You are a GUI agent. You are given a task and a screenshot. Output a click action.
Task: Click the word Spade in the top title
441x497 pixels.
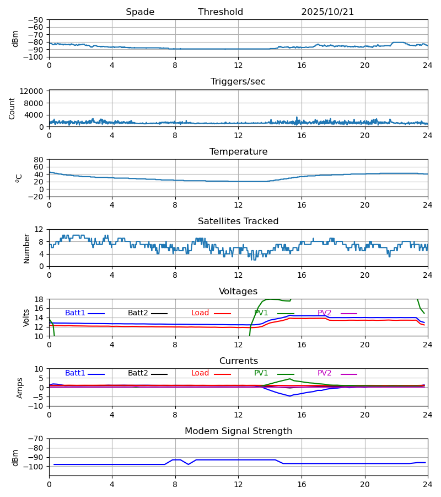140,12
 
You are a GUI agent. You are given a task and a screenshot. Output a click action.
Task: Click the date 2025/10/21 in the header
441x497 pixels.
327,12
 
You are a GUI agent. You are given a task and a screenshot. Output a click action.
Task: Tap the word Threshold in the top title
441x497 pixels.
220,12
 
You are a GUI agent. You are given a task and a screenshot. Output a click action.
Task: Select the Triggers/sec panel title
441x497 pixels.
238,82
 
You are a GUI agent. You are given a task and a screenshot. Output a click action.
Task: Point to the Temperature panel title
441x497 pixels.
238,152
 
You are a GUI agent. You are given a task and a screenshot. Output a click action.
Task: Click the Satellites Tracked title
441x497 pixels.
238,221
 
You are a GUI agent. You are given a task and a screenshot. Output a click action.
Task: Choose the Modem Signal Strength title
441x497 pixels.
238,431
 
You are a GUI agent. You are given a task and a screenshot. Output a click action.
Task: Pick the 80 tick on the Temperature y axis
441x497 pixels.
39,160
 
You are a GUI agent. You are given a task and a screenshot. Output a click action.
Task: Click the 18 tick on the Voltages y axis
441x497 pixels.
39,299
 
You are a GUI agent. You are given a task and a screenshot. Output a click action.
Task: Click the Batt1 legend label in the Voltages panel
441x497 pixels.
75,313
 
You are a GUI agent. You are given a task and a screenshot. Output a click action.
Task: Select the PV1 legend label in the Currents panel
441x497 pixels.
261,373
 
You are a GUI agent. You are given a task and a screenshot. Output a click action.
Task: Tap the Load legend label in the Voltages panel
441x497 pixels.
200,313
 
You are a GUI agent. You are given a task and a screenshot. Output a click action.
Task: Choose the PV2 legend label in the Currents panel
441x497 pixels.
325,373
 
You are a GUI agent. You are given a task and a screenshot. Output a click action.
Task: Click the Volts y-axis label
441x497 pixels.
26,318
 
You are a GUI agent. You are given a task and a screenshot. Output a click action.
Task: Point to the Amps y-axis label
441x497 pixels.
20,388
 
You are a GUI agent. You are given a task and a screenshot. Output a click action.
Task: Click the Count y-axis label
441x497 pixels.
12,108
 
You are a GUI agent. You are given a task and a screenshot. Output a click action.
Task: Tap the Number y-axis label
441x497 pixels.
26,248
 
